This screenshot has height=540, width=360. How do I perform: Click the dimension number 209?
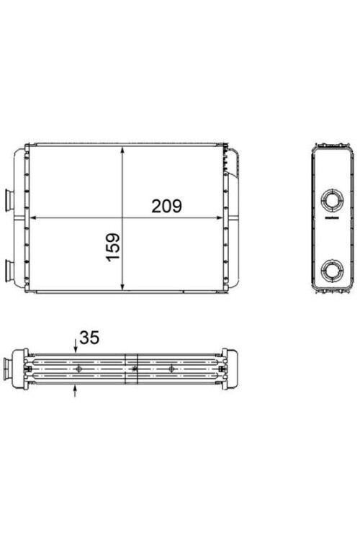[x=166, y=205]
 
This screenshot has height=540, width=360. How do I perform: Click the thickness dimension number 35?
[x=90, y=337]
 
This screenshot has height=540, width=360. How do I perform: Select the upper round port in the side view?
[x=332, y=198]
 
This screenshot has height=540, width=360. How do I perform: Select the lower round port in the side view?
[x=332, y=270]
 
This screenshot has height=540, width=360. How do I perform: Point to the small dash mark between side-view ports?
[x=332, y=217]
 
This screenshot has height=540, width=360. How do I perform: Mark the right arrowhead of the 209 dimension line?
[x=219, y=217]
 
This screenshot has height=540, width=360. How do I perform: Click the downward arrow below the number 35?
[x=77, y=348]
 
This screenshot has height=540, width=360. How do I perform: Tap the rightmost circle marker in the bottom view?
[x=171, y=369]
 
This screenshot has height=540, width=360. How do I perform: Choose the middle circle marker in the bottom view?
[x=135, y=369]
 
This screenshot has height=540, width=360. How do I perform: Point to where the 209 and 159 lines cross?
[x=124, y=217]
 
